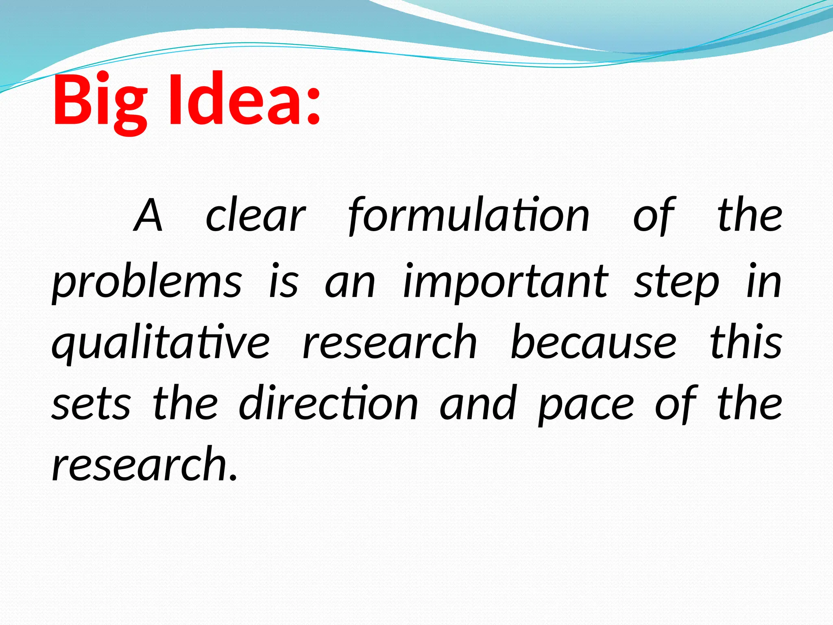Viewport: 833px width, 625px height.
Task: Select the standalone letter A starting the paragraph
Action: coord(149,216)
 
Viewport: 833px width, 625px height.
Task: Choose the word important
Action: coord(506,281)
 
